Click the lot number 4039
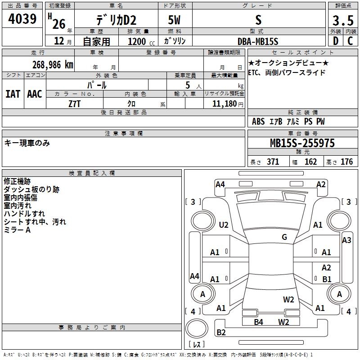click(22, 18)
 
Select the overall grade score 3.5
click(343, 20)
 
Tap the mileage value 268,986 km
click(53, 65)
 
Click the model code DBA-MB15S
click(258, 41)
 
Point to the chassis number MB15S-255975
click(302, 143)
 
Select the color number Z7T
click(74, 104)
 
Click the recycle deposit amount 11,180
click(225, 104)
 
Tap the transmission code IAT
click(13, 94)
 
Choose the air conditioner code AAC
click(35, 94)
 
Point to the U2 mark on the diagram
click(224, 225)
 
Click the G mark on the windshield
click(284, 237)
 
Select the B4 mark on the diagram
click(258, 322)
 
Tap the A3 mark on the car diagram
click(346, 240)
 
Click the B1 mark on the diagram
click(327, 279)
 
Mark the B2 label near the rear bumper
click(221, 332)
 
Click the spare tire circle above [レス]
click(197, 328)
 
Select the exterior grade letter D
click(336, 41)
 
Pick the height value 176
click(346, 162)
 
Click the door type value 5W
click(174, 20)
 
